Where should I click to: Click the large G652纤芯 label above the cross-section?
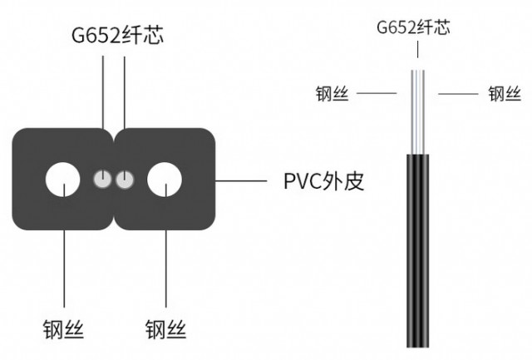pos(114,36)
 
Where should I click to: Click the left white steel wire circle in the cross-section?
pos(64,180)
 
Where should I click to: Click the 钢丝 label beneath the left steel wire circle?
pos(63,328)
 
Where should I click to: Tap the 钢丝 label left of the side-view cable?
pos(332,93)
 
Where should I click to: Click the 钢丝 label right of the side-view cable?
pos(504,93)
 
